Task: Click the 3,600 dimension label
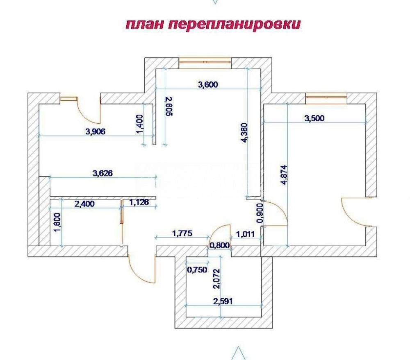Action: click(x=208, y=84)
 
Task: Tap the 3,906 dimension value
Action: click(x=96, y=131)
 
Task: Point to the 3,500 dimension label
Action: click(x=314, y=118)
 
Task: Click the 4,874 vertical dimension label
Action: click(x=284, y=175)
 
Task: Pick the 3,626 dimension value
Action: click(x=103, y=173)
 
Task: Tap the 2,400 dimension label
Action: click(x=84, y=204)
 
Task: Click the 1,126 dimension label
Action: click(x=139, y=202)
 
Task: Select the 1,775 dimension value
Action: click(x=182, y=233)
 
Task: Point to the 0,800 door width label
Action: click(x=220, y=245)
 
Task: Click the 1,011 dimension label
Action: click(x=245, y=234)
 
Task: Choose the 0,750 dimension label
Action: click(x=197, y=269)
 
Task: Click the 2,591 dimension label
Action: click(x=223, y=301)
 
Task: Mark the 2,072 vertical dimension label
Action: click(x=217, y=279)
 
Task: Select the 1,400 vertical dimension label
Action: click(x=140, y=124)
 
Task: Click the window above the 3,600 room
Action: click(x=205, y=62)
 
